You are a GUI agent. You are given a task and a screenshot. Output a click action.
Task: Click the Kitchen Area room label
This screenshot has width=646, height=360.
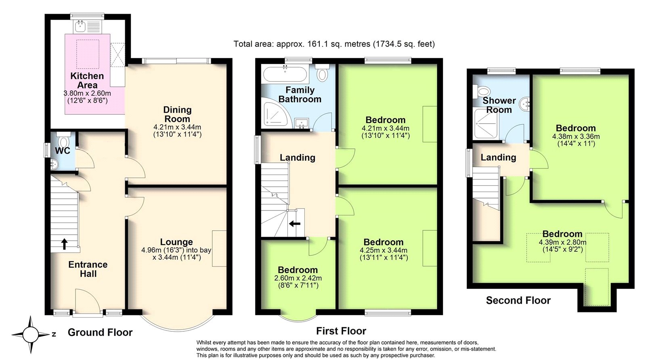tap(87, 80)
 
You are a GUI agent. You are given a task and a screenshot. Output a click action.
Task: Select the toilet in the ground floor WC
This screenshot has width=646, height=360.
tap(63, 140)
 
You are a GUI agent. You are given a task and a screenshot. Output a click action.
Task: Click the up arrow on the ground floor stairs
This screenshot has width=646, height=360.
tap(64, 244)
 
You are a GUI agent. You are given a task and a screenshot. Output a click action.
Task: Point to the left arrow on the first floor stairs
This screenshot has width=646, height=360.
tap(295, 223)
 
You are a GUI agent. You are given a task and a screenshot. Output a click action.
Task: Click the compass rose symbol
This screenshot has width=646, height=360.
tap(31, 335)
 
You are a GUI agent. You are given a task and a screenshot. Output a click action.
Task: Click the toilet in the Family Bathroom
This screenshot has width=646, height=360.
tap(322, 72)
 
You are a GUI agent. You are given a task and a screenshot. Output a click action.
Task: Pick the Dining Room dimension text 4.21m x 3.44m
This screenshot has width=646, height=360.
tap(177, 127)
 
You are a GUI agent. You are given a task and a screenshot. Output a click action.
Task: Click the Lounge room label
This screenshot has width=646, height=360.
tap(176, 242)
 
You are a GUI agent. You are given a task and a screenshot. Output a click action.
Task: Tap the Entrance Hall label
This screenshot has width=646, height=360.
tap(88, 269)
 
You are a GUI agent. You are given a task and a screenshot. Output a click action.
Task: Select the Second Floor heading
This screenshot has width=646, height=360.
tap(518, 301)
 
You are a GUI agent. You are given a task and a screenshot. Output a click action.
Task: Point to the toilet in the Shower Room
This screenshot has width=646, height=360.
tap(481, 91)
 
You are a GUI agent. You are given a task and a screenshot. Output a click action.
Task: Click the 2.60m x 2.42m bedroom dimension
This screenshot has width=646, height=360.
tap(298, 278)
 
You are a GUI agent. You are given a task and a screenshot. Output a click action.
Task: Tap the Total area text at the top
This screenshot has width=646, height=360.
tap(334, 44)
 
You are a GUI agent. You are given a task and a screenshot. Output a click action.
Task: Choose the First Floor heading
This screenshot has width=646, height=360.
tap(341, 331)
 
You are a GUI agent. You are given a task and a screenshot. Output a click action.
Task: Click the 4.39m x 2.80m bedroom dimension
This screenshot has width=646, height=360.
tap(562, 242)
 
